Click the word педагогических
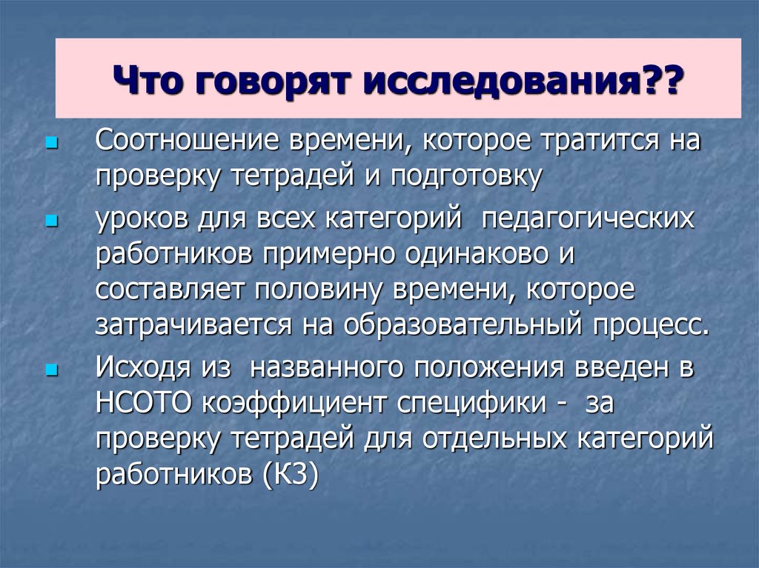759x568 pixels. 589,220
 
